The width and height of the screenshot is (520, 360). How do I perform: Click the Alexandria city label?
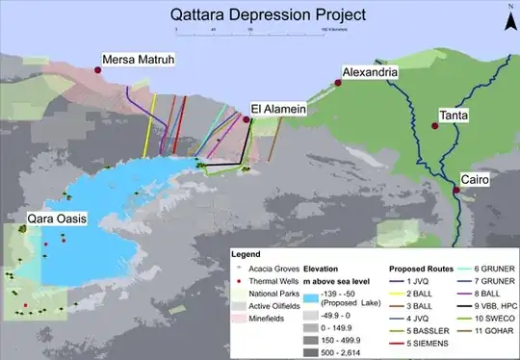[x=377, y=73]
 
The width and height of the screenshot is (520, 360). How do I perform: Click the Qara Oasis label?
[x=58, y=219]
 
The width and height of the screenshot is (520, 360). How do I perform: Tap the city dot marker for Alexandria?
[x=338, y=83]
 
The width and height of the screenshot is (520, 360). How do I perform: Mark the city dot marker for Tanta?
[x=433, y=126]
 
